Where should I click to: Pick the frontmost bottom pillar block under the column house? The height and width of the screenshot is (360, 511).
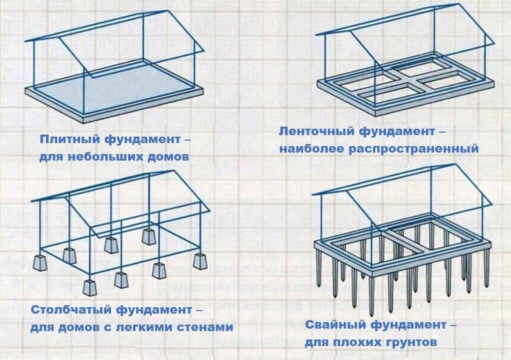90,288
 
